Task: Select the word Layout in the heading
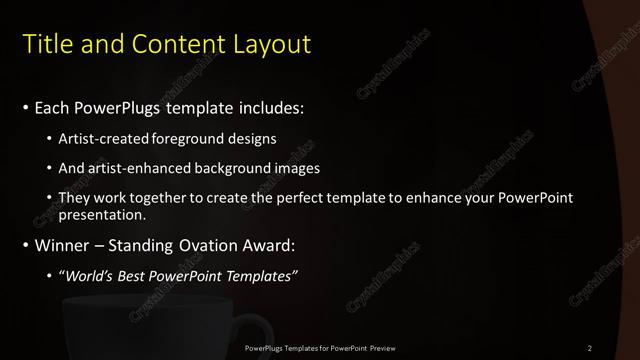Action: click(272, 44)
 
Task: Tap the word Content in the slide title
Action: click(173, 44)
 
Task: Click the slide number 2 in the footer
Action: click(590, 348)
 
